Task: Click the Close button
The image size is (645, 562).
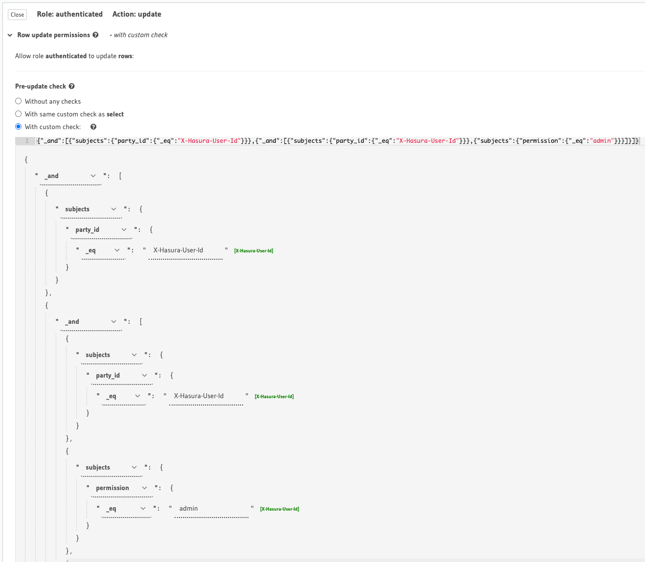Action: pos(17,15)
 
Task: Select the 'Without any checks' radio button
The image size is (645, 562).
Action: pos(19,101)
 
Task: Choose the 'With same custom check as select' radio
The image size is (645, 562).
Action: pos(19,114)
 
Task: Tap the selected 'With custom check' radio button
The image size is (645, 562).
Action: pos(19,127)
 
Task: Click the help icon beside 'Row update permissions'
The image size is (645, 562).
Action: pos(95,35)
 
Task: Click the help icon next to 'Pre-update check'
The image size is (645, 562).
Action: pos(72,86)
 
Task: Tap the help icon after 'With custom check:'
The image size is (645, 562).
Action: pos(93,127)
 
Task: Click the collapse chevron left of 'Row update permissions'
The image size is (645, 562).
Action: pos(10,35)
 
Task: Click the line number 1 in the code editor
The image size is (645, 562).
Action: pos(27,140)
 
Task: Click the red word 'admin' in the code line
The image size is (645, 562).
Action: pos(602,140)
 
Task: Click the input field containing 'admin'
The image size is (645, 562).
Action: pos(212,508)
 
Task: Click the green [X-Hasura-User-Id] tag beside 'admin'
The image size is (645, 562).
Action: pos(280,509)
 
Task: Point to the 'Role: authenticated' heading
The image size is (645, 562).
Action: pos(69,14)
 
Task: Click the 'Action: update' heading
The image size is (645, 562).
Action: pos(137,14)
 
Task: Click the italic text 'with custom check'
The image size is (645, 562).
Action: pos(141,35)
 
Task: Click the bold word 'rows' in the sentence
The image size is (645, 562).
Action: pos(125,56)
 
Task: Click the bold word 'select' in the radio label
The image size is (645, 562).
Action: pos(115,114)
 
